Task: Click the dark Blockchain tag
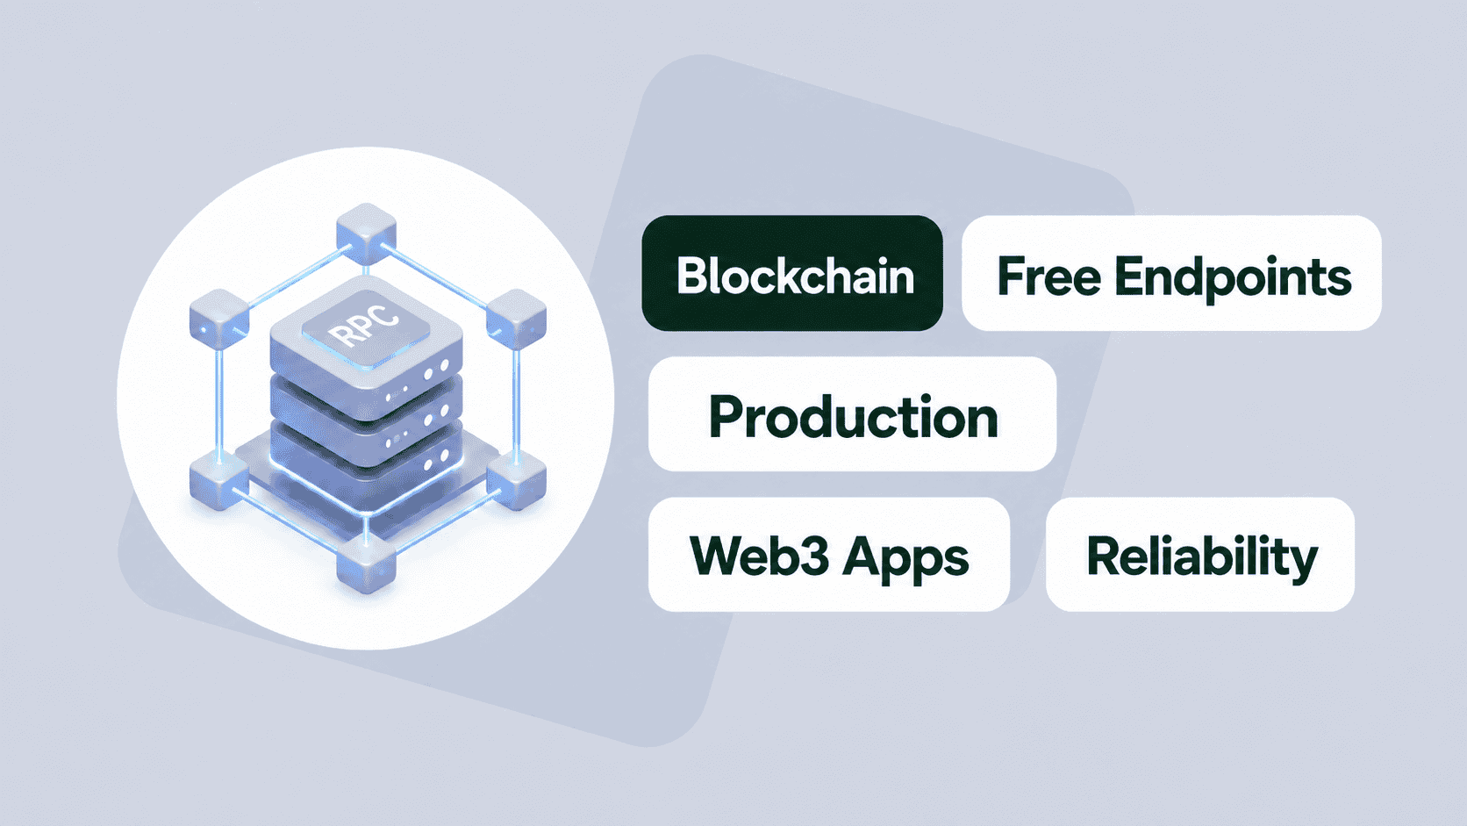coord(792,273)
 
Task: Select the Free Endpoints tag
coord(1171,273)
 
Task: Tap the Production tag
coord(852,414)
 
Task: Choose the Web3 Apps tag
coord(829,555)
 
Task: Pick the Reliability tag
coord(1200,555)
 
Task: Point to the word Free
coord(1049,277)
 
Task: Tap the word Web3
coord(760,556)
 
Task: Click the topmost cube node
coord(366,233)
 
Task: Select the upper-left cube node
coord(218,319)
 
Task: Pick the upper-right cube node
coord(517,319)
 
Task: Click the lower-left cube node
coord(218,480)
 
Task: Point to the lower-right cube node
coord(517,480)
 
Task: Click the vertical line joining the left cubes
coord(219,401)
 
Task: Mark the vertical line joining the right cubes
coord(516,401)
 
